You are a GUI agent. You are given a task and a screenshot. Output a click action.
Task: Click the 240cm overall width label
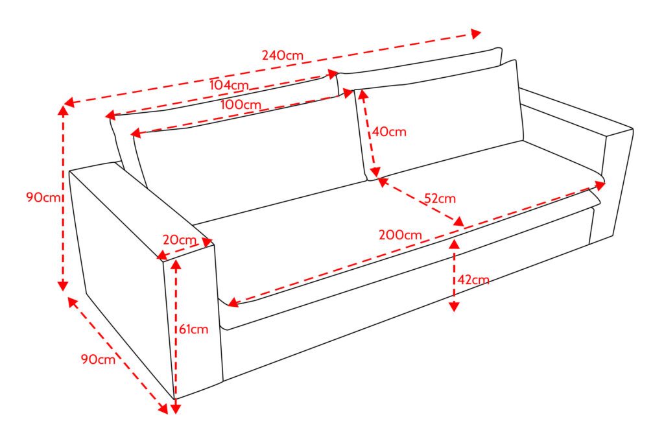pyautogui.click(x=283, y=55)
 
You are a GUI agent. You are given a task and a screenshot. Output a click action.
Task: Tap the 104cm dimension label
pyautogui.click(x=229, y=85)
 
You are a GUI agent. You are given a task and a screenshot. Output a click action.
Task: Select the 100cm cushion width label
pyautogui.click(x=241, y=104)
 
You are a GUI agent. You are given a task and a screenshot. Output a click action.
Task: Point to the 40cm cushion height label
pyautogui.click(x=389, y=132)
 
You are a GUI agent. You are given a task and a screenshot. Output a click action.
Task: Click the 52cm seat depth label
pyautogui.click(x=440, y=198)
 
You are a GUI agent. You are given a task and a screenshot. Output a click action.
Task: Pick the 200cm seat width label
pyautogui.click(x=400, y=235)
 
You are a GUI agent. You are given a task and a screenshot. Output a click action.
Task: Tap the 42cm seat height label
pyautogui.click(x=473, y=280)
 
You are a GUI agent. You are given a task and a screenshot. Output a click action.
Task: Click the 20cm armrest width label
pyautogui.click(x=179, y=240)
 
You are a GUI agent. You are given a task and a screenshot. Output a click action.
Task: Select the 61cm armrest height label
pyautogui.click(x=193, y=329)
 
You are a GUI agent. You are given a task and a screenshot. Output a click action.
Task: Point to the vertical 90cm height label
pyautogui.click(x=43, y=197)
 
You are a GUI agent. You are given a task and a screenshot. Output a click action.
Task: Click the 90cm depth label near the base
pyautogui.click(x=98, y=359)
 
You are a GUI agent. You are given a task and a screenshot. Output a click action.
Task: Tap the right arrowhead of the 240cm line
pyautogui.click(x=477, y=34)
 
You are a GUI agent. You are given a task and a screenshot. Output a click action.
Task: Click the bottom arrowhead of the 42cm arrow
pyautogui.click(x=454, y=307)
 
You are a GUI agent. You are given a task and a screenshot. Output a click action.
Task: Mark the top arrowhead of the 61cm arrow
pyautogui.click(x=176, y=264)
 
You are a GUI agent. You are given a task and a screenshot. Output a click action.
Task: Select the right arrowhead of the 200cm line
pyautogui.click(x=600, y=185)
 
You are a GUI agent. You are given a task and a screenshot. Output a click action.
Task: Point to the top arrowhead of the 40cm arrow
pyautogui.click(x=362, y=94)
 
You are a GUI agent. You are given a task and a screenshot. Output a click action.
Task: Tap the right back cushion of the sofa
pyautogui.click(x=440, y=119)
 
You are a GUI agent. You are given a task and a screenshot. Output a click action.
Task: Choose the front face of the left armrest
pyautogui.click(x=193, y=322)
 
